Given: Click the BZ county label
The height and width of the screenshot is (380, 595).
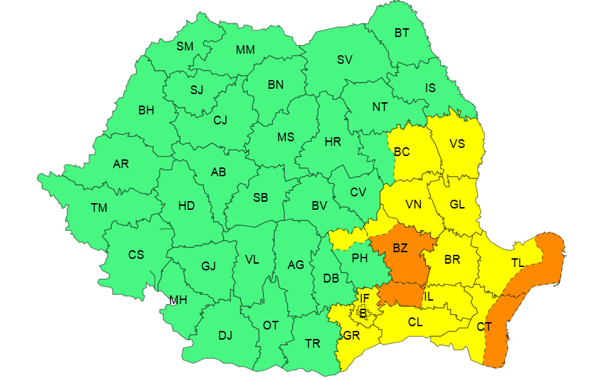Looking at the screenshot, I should (400, 248).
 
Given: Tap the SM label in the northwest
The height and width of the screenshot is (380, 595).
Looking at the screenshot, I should (184, 46).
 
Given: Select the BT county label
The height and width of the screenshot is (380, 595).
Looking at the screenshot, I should (401, 33).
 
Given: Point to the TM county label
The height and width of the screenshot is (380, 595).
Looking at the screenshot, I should (99, 208).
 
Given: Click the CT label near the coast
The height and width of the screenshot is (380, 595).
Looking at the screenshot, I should (483, 328).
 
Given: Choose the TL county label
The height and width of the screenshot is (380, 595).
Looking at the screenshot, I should (517, 263).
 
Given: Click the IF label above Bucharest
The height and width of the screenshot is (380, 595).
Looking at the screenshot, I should (364, 298).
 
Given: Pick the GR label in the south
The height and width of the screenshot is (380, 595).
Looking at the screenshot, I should (351, 336).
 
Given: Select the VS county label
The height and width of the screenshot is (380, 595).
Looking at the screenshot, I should (457, 143).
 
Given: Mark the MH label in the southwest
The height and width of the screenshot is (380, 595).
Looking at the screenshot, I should (178, 300).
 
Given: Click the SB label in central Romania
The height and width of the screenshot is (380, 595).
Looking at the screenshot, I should (260, 198).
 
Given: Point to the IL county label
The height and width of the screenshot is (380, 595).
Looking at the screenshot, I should (429, 296).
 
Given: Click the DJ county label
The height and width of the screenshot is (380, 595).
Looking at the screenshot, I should (225, 336).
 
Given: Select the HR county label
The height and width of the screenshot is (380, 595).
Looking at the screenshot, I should (332, 142).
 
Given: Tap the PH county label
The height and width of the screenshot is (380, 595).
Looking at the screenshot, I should (359, 258).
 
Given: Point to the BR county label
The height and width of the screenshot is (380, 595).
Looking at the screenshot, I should (452, 259).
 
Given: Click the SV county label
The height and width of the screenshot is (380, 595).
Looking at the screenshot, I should (345, 59).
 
